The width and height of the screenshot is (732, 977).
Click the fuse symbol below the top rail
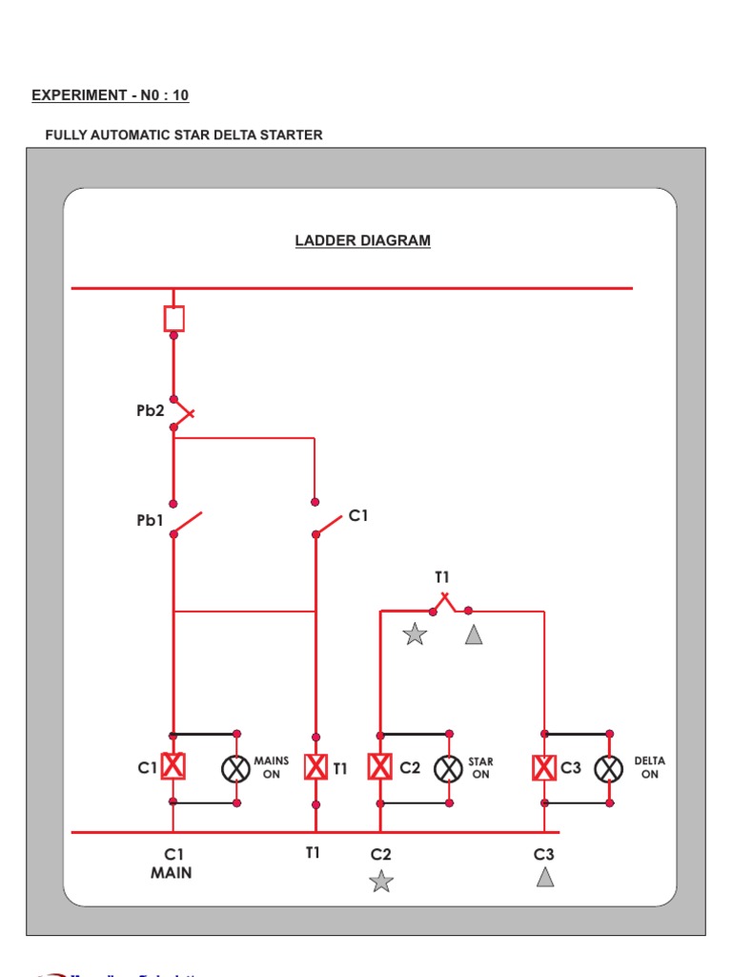[173, 318]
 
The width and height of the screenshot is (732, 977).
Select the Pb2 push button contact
[181, 413]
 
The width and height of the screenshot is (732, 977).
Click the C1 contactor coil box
[173, 766]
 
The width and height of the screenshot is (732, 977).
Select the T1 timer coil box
[315, 767]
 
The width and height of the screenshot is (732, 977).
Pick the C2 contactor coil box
[379, 767]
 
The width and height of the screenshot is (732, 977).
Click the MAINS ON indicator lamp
[234, 768]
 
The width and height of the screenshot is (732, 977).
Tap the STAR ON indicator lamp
[448, 768]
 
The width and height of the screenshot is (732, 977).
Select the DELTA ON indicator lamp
[609, 768]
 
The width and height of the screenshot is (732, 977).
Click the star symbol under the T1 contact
[415, 634]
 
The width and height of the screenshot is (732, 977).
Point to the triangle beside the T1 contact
[474, 634]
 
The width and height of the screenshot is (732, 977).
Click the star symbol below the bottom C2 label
[381, 881]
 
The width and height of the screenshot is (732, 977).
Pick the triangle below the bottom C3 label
[545, 877]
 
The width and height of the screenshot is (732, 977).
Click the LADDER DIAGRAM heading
[362, 240]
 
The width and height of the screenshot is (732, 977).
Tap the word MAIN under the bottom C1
[171, 873]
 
